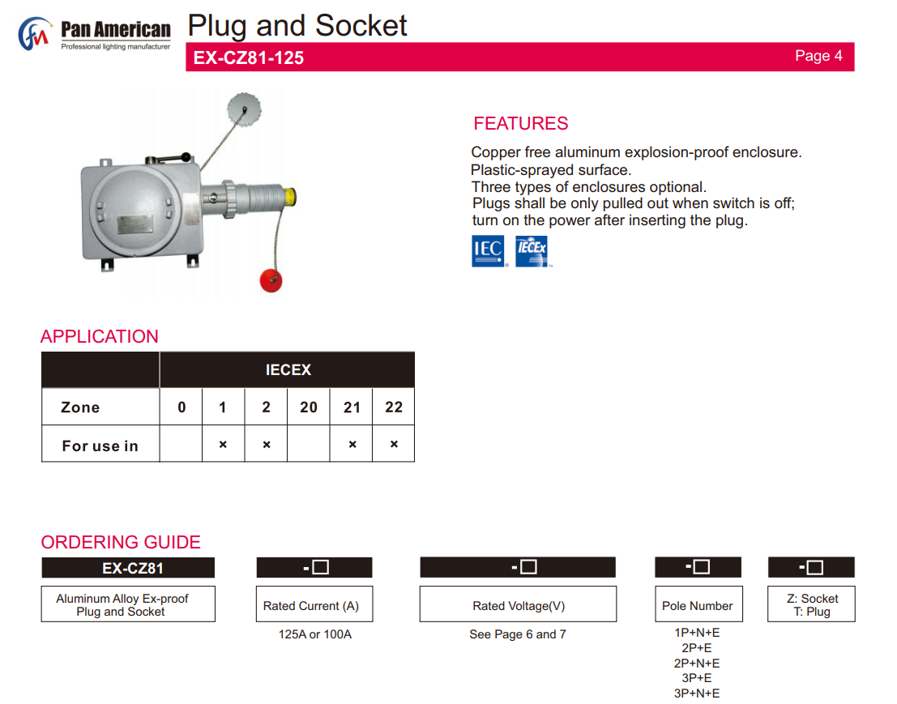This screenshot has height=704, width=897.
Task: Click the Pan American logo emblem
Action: pyautogui.click(x=34, y=34)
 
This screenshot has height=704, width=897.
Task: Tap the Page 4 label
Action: pyautogui.click(x=818, y=56)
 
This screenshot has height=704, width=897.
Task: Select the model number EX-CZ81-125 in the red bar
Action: pyautogui.click(x=249, y=58)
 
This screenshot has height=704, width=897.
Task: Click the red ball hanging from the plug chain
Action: pyautogui.click(x=270, y=279)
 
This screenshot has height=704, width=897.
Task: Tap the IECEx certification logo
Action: pyautogui.click(x=532, y=251)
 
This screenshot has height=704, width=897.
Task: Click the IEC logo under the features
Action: pyautogui.click(x=488, y=251)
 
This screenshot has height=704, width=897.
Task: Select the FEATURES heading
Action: pyautogui.click(x=521, y=124)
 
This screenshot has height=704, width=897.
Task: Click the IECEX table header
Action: pyautogui.click(x=288, y=370)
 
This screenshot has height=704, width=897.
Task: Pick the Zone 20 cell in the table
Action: pyautogui.click(x=309, y=407)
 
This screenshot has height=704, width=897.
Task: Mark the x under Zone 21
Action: pyautogui.click(x=352, y=445)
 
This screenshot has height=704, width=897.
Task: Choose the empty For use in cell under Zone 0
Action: pyautogui.click(x=182, y=445)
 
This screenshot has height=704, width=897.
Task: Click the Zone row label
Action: pyautogui.click(x=81, y=407)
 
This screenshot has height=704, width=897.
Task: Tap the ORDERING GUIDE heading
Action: pyautogui.click(x=121, y=542)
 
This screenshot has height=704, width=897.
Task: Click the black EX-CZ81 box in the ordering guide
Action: pyautogui.click(x=128, y=568)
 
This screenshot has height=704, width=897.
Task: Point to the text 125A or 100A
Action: pyautogui.click(x=315, y=634)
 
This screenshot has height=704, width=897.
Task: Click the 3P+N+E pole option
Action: pyautogui.click(x=697, y=693)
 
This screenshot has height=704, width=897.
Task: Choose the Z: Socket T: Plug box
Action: pyautogui.click(x=811, y=605)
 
